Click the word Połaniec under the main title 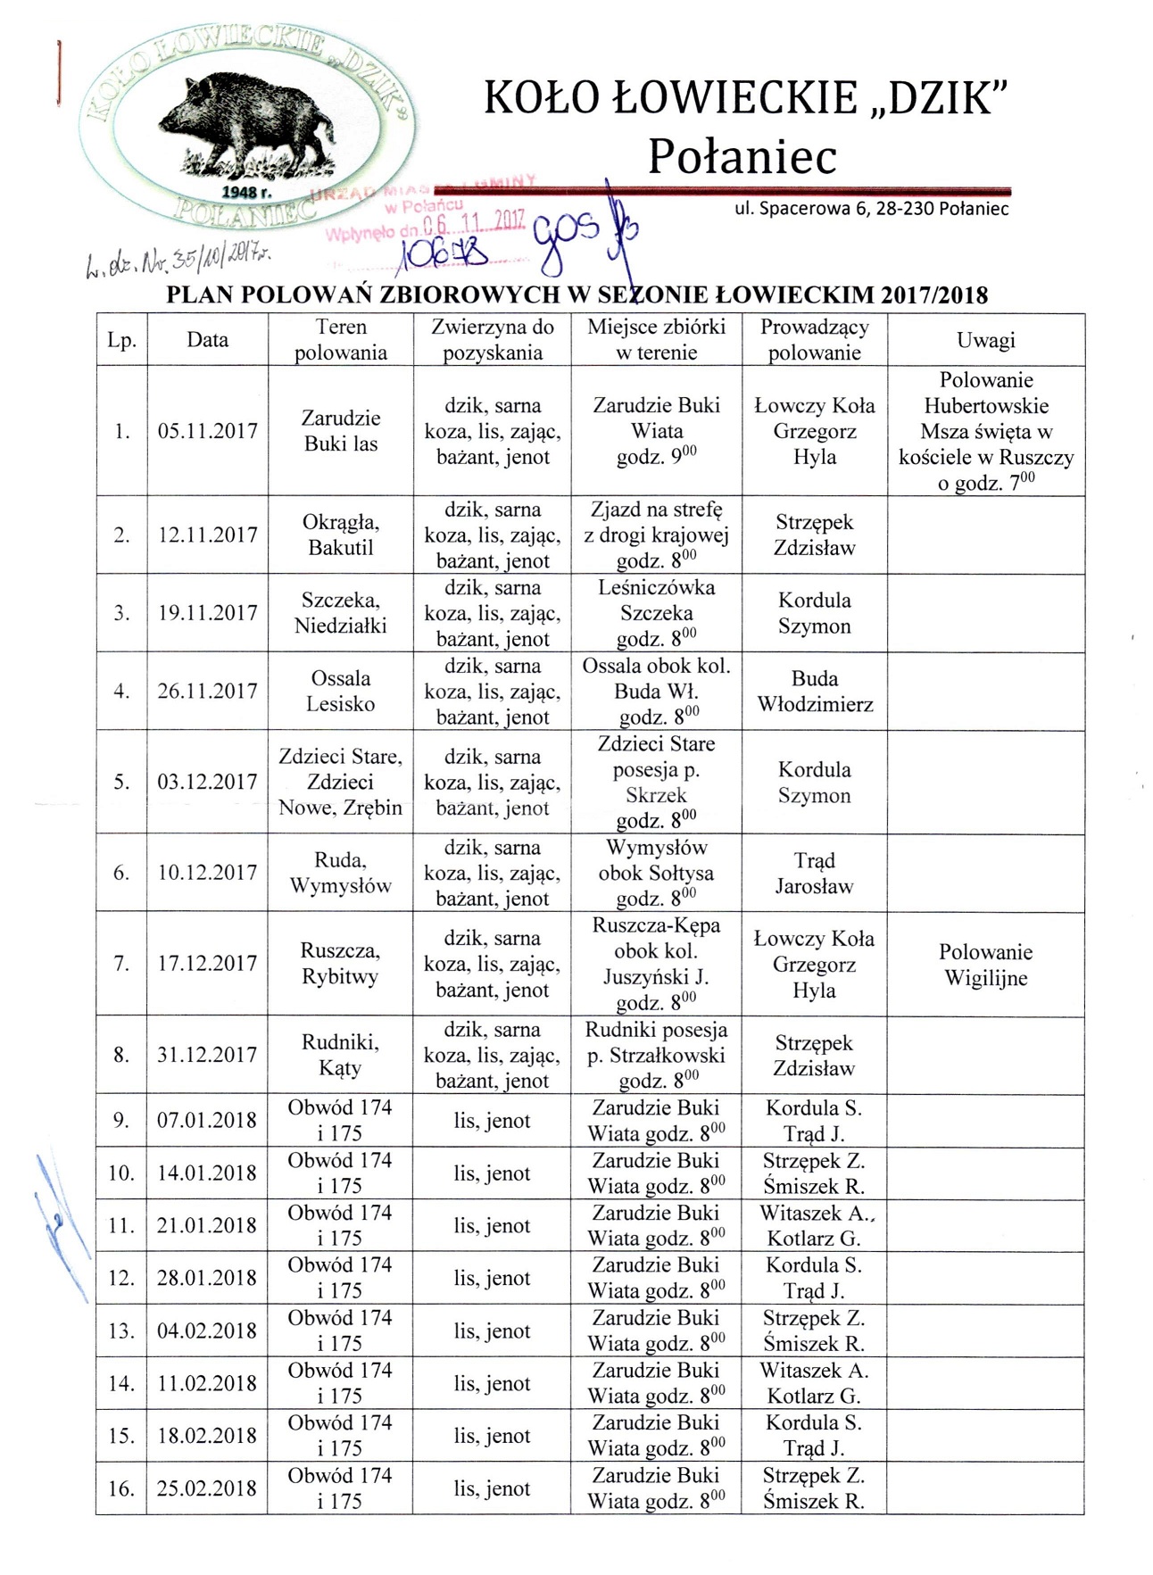[x=742, y=156]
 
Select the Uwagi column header [x=985, y=340]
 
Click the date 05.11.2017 [x=207, y=431]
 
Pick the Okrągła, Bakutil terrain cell [x=340, y=535]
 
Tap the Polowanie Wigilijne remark [x=985, y=965]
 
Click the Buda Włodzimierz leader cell [x=815, y=692]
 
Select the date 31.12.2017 [x=207, y=1055]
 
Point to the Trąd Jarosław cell [x=814, y=874]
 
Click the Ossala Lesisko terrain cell [x=340, y=692]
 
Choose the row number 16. [x=121, y=1488]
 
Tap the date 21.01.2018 [x=207, y=1225]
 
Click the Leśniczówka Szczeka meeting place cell [x=656, y=613]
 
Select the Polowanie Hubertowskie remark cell [x=985, y=431]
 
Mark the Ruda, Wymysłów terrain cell [x=340, y=874]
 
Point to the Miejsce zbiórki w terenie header [x=656, y=340]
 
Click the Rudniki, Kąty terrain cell [x=340, y=1055]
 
